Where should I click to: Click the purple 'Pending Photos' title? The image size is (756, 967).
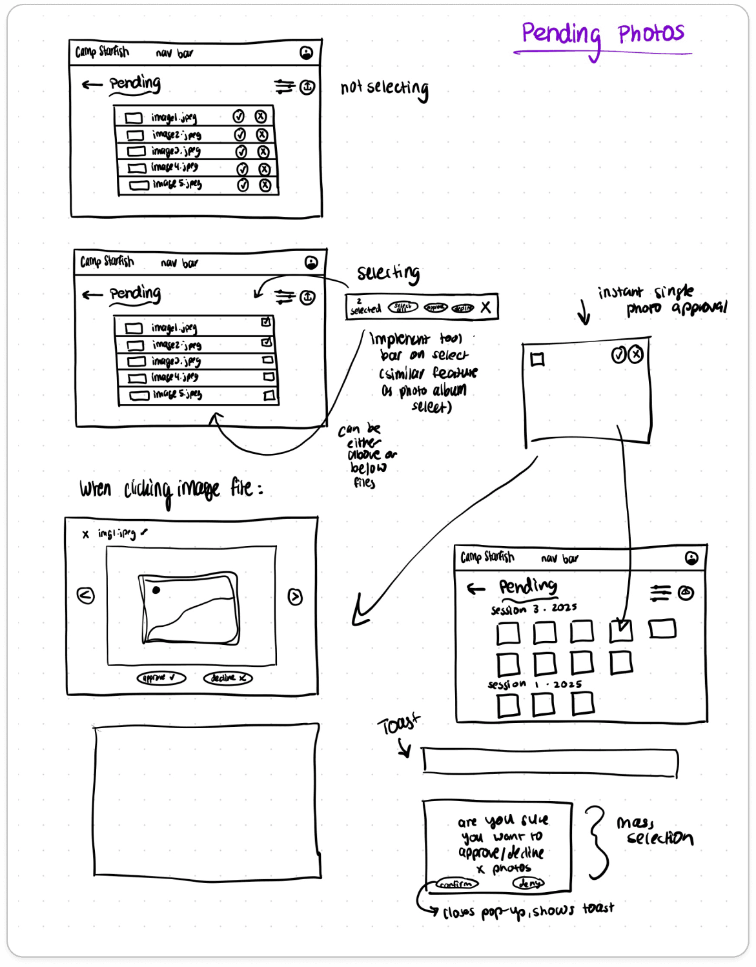[x=602, y=34]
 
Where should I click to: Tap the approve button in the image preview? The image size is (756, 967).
[x=161, y=678]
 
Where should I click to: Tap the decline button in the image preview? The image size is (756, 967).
[x=228, y=678]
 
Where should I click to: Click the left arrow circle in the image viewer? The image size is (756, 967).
[x=86, y=595]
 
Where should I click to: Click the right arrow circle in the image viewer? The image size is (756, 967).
[x=295, y=597]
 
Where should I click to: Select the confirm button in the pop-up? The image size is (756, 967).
[x=456, y=884]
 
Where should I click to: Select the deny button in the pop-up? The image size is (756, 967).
[x=529, y=883]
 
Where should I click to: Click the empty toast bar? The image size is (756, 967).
[x=550, y=762]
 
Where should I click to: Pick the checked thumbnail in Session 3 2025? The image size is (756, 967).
[x=621, y=630]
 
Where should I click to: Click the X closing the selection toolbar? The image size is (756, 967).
[x=486, y=307]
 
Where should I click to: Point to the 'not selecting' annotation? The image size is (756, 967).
[x=385, y=88]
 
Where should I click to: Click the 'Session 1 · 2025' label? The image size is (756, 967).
[x=535, y=684]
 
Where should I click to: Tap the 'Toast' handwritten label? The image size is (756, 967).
[x=398, y=724]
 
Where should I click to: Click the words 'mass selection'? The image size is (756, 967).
[x=653, y=831]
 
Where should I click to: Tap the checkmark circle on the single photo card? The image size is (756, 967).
[x=618, y=354]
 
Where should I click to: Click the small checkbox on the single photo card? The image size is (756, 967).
[x=537, y=360]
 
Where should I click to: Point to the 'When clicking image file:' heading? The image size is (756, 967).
[x=171, y=489]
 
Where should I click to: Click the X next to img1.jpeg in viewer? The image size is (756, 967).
[x=85, y=534]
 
